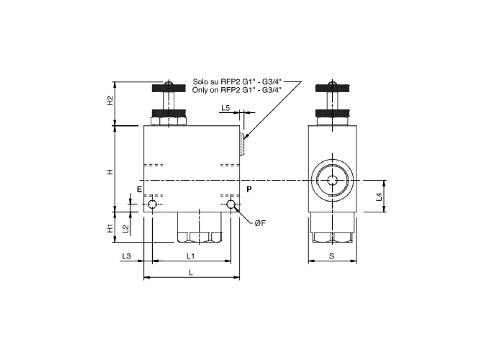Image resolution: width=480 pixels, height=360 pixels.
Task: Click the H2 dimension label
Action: point(110,101)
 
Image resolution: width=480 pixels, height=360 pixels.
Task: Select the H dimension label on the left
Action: point(110,172)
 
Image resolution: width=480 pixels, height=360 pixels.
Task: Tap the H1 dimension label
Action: point(110,228)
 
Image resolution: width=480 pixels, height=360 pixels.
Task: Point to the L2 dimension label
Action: point(125,228)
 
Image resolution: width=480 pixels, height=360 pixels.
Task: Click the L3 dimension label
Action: point(126,256)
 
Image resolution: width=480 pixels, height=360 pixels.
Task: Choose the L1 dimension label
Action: point(191,256)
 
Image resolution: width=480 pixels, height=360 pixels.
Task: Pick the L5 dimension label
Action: point(226,108)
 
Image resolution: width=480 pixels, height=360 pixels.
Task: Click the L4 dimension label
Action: point(379,197)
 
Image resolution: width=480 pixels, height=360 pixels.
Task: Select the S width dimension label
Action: point(332,256)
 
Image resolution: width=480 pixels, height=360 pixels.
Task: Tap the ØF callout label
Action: point(260,224)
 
